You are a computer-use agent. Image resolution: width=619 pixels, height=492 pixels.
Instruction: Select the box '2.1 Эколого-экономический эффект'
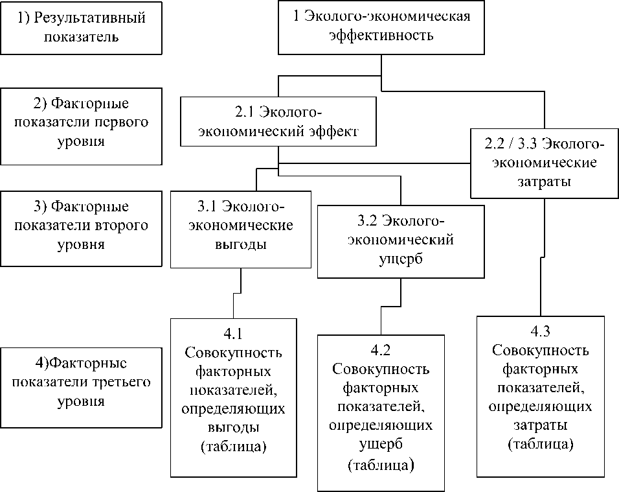[278, 121]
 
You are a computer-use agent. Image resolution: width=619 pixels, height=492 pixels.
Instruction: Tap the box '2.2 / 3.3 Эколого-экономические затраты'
[545, 163]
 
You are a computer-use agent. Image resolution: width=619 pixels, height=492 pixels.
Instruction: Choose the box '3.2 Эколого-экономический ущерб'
[400, 240]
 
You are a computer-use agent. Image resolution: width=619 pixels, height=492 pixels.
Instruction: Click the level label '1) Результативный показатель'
[81, 27]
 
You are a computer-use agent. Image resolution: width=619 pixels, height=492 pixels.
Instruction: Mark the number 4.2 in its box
[381, 351]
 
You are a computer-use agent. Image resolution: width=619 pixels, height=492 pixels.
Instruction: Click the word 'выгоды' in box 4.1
[233, 428]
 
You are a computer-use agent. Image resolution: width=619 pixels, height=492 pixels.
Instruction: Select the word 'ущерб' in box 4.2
[381, 445]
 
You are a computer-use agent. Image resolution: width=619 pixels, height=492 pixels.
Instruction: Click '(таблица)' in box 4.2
[381, 465]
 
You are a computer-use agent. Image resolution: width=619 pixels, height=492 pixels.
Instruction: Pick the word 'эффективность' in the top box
[381, 35]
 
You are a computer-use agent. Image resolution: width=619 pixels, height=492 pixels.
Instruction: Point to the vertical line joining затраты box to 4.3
[541, 259]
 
